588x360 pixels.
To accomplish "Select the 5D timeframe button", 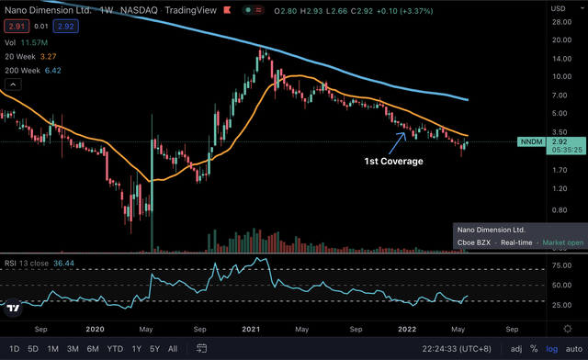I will pyautogui.click(x=33, y=349).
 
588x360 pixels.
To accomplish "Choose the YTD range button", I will pyautogui.click(x=115, y=349).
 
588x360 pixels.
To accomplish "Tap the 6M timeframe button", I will pyautogui.click(x=93, y=349).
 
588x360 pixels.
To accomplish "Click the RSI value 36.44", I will pyautogui.click(x=63, y=261).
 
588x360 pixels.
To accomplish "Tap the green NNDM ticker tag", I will pyautogui.click(x=532, y=142).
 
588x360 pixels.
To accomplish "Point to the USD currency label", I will pyautogui.click(x=556, y=7).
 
